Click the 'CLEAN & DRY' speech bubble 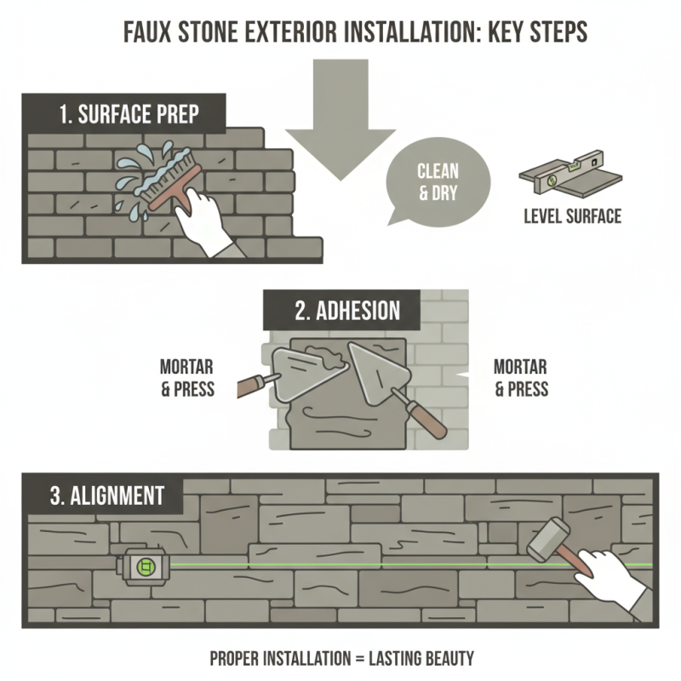(437, 180)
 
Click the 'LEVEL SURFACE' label (571, 216)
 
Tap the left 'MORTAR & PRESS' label (186, 378)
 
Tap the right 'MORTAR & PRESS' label (521, 378)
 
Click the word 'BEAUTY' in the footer (443, 658)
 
